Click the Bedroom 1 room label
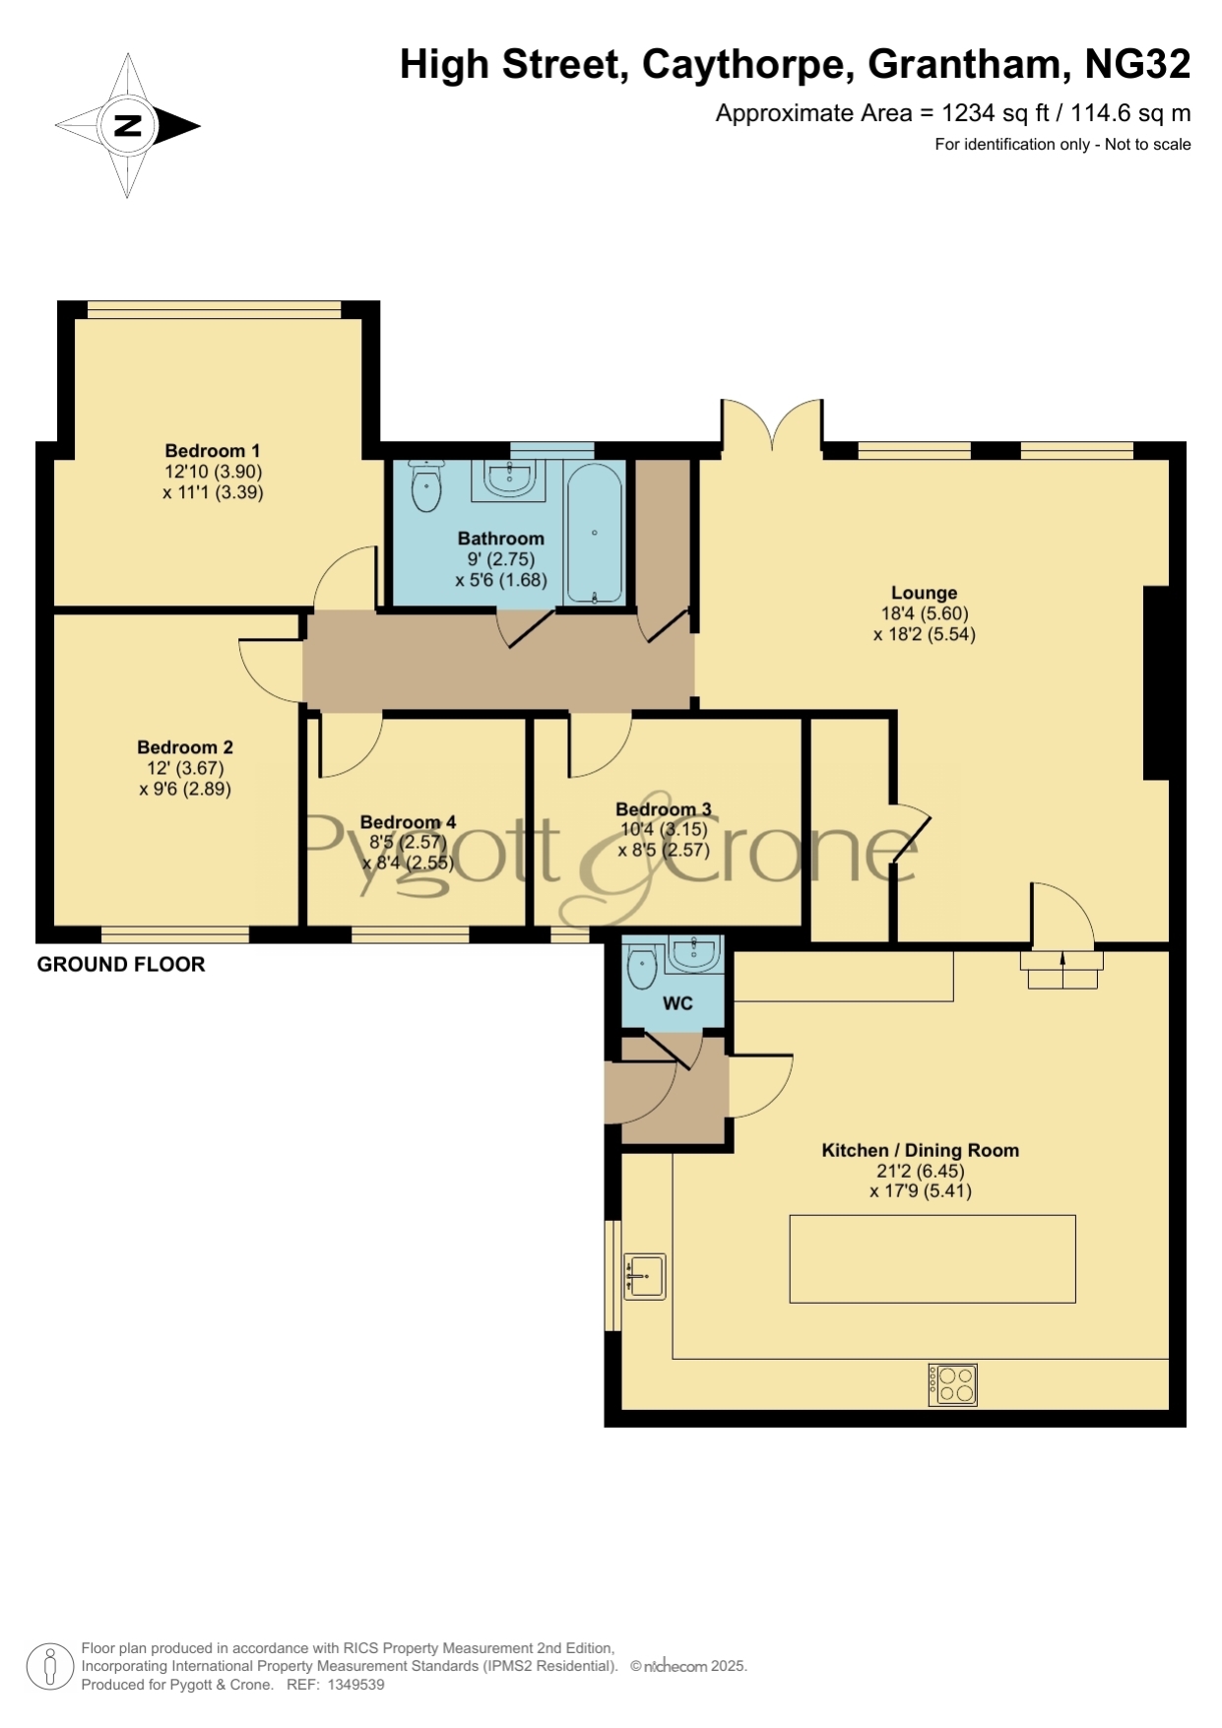213,451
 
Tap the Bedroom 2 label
185,747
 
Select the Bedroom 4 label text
408,822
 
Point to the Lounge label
924,593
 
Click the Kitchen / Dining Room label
921,1150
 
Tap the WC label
677,1003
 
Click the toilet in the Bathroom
425,485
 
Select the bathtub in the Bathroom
594,533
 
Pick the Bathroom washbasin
510,480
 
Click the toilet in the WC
642,964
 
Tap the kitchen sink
645,1277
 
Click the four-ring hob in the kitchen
952,1384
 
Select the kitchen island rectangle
933,1258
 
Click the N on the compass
128,125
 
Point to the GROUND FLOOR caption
121,965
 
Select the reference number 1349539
355,1685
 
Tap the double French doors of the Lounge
772,425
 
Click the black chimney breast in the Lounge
1156,683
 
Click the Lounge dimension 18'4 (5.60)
925,613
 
